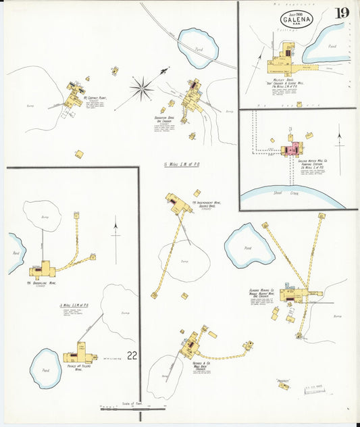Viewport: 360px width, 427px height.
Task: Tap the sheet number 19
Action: pos(342,13)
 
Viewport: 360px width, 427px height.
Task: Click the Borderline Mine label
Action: pos(41,283)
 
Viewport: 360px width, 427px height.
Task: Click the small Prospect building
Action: pos(284,386)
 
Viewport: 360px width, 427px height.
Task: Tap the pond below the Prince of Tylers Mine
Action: pos(46,367)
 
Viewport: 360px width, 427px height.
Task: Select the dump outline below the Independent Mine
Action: pos(184,261)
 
